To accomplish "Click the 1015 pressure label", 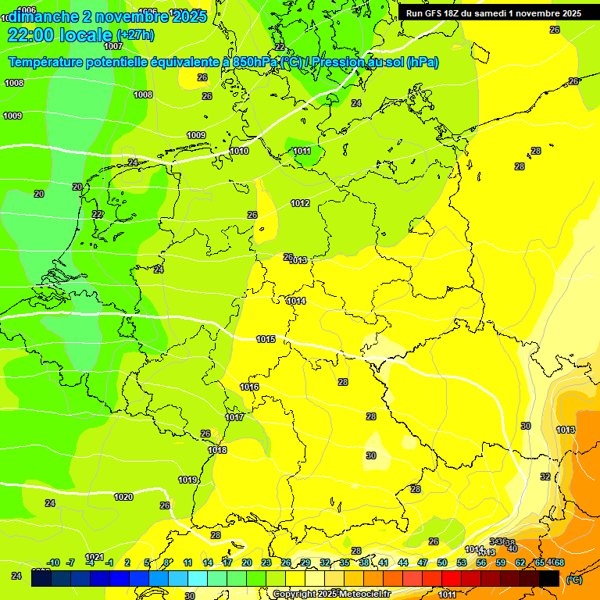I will coord(266,339).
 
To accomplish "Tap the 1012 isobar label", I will coord(300,203).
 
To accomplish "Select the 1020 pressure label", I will coord(123,497).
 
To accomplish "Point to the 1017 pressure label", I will coord(234,417).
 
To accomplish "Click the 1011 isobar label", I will coord(302,151).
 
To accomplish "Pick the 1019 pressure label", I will coord(187,480).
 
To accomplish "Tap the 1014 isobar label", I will coord(296,301).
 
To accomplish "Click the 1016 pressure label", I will coord(249,387).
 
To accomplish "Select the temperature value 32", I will coord(545,477).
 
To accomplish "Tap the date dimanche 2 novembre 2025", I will coord(106,16).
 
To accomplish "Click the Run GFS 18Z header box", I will coord(493,13).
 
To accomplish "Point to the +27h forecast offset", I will coord(135,35).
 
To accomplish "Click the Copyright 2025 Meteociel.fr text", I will coord(332,595).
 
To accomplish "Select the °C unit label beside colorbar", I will coord(573,579).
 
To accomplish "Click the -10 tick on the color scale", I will coord(53,562).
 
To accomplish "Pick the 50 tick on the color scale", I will coord(442,562).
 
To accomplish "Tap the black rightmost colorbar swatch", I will coord(549,578).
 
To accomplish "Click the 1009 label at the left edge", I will coord(12,116).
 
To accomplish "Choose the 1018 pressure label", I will coord(218,450).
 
